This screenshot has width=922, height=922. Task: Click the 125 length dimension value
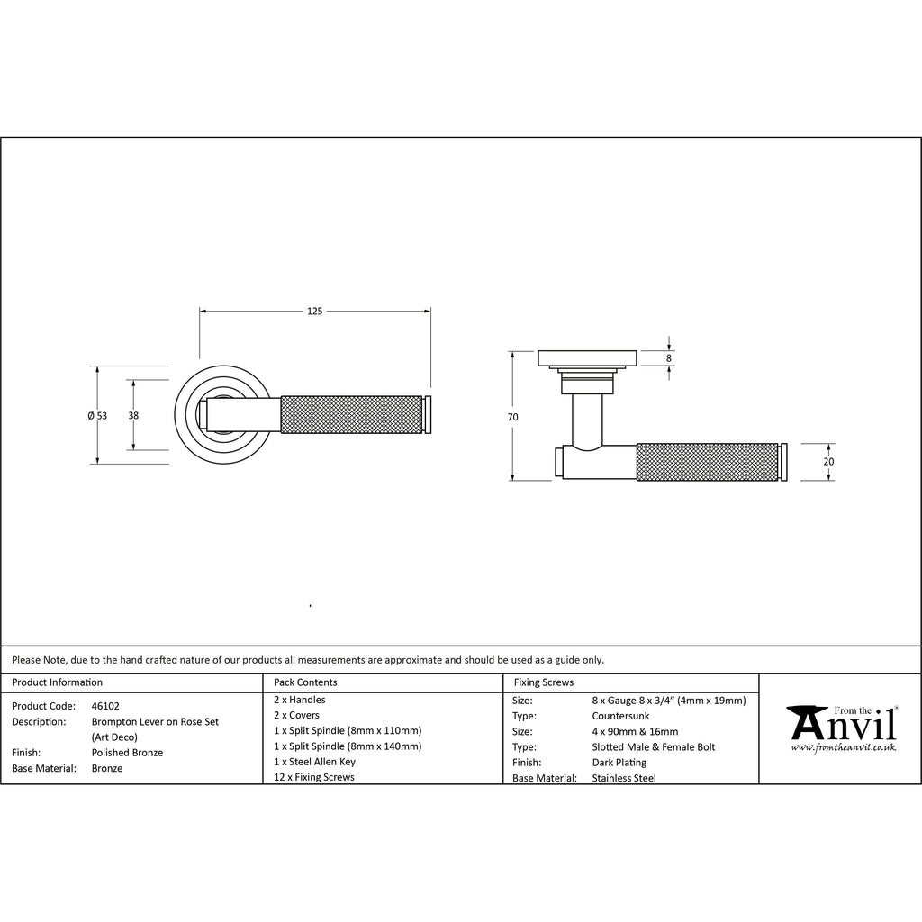click(314, 311)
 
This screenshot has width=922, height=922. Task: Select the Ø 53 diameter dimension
click(97, 416)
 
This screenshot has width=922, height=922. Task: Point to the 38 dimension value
click(133, 416)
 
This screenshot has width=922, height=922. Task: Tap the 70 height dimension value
click(512, 417)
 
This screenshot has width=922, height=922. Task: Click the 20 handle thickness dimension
click(828, 462)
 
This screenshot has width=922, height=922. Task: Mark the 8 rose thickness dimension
click(669, 358)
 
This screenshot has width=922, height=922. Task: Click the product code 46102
click(105, 706)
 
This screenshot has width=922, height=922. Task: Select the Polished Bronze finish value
click(127, 753)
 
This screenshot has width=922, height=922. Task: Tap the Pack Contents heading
click(305, 682)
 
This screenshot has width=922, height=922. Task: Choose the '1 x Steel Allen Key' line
click(314, 762)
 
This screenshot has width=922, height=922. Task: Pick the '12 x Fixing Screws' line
click(314, 777)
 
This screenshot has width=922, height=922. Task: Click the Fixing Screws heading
click(543, 682)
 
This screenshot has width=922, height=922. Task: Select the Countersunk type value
click(620, 716)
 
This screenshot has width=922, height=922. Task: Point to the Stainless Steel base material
click(624, 778)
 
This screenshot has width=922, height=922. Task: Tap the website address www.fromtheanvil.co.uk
click(843, 747)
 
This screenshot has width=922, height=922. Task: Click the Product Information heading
click(57, 682)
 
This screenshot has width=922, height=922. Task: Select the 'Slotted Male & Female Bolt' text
click(654, 747)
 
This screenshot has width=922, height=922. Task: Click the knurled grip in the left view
click(352, 415)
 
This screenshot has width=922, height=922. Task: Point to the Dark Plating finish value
click(619, 763)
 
